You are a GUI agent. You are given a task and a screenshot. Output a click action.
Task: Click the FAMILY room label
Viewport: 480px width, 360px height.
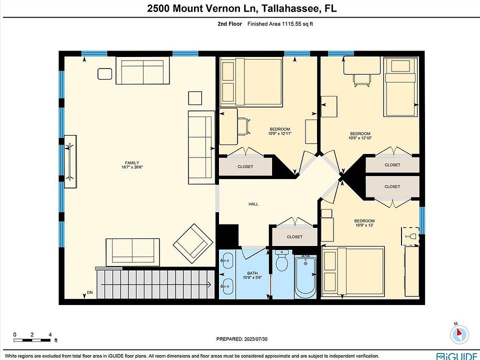coord(132,163)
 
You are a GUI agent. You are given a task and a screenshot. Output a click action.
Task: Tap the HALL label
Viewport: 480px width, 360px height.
coord(253,204)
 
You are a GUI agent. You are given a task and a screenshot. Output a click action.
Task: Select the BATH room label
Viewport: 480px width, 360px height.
coord(252,273)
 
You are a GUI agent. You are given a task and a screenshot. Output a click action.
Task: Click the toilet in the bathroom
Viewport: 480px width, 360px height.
coord(281,260)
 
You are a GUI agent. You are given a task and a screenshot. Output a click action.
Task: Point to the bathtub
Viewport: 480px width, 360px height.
coord(305,277)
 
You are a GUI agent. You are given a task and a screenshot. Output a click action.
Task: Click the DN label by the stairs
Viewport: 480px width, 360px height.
coord(89,292)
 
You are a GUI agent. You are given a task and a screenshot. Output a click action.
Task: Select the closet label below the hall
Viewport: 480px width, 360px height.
coord(295,236)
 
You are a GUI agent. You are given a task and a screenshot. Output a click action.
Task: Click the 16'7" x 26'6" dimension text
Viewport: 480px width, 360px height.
coord(132,167)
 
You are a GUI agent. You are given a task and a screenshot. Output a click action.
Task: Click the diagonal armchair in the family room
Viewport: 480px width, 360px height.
coord(193,241)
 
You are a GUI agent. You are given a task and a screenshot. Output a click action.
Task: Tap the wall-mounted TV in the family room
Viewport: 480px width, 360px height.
coord(70,161)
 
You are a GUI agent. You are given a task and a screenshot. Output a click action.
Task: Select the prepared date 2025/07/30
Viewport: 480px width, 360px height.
coord(256,339)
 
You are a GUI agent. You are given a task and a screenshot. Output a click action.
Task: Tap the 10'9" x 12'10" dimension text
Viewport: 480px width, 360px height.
coord(360,138)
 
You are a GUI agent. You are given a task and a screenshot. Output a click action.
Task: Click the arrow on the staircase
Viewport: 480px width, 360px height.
coord(156,284)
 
